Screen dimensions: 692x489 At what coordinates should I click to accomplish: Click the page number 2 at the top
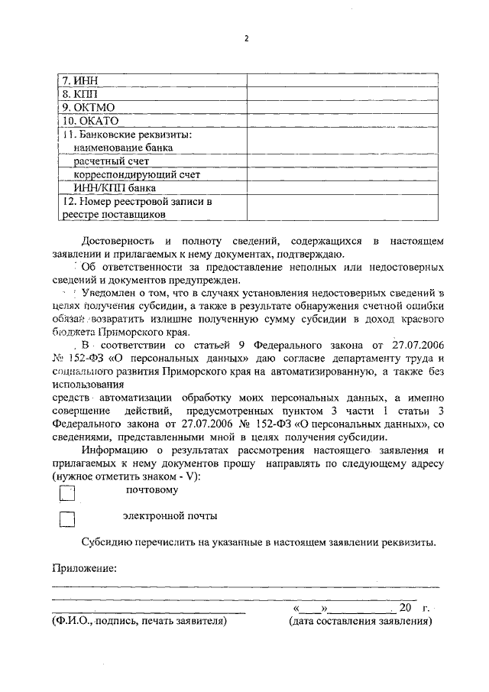[247, 39]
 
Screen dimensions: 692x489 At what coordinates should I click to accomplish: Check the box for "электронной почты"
[67, 520]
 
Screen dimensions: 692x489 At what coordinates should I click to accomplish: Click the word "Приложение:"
[84, 568]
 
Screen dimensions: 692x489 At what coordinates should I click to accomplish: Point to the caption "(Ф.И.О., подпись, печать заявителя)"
[140, 622]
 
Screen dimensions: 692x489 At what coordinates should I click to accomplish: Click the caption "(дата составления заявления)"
[360, 622]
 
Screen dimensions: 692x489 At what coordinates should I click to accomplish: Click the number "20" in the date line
[405, 608]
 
